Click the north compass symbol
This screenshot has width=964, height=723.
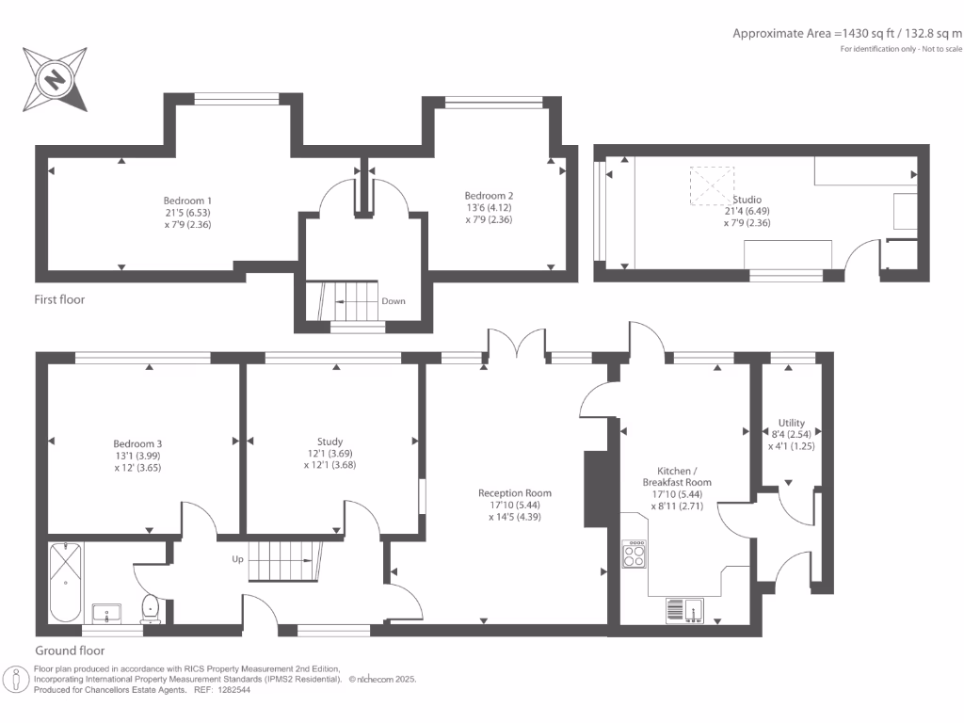[57, 78]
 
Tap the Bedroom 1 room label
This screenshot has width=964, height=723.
[187, 201]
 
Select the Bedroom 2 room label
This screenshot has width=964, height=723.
[489, 196]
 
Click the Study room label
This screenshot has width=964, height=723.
[329, 442]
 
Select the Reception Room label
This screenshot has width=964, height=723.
[514, 492]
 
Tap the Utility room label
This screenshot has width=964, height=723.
[791, 423]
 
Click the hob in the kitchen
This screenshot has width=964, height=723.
[635, 554]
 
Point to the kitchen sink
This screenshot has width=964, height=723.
[685, 610]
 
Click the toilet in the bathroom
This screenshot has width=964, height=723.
[151, 610]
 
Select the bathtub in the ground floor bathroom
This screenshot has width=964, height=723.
[65, 582]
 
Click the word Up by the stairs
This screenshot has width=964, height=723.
[238, 559]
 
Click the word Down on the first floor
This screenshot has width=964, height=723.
[394, 302]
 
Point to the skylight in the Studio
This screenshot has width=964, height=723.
[712, 185]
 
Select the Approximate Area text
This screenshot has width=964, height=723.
[847, 33]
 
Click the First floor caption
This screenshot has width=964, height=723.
[59, 299]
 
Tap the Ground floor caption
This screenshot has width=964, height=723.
[70, 651]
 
